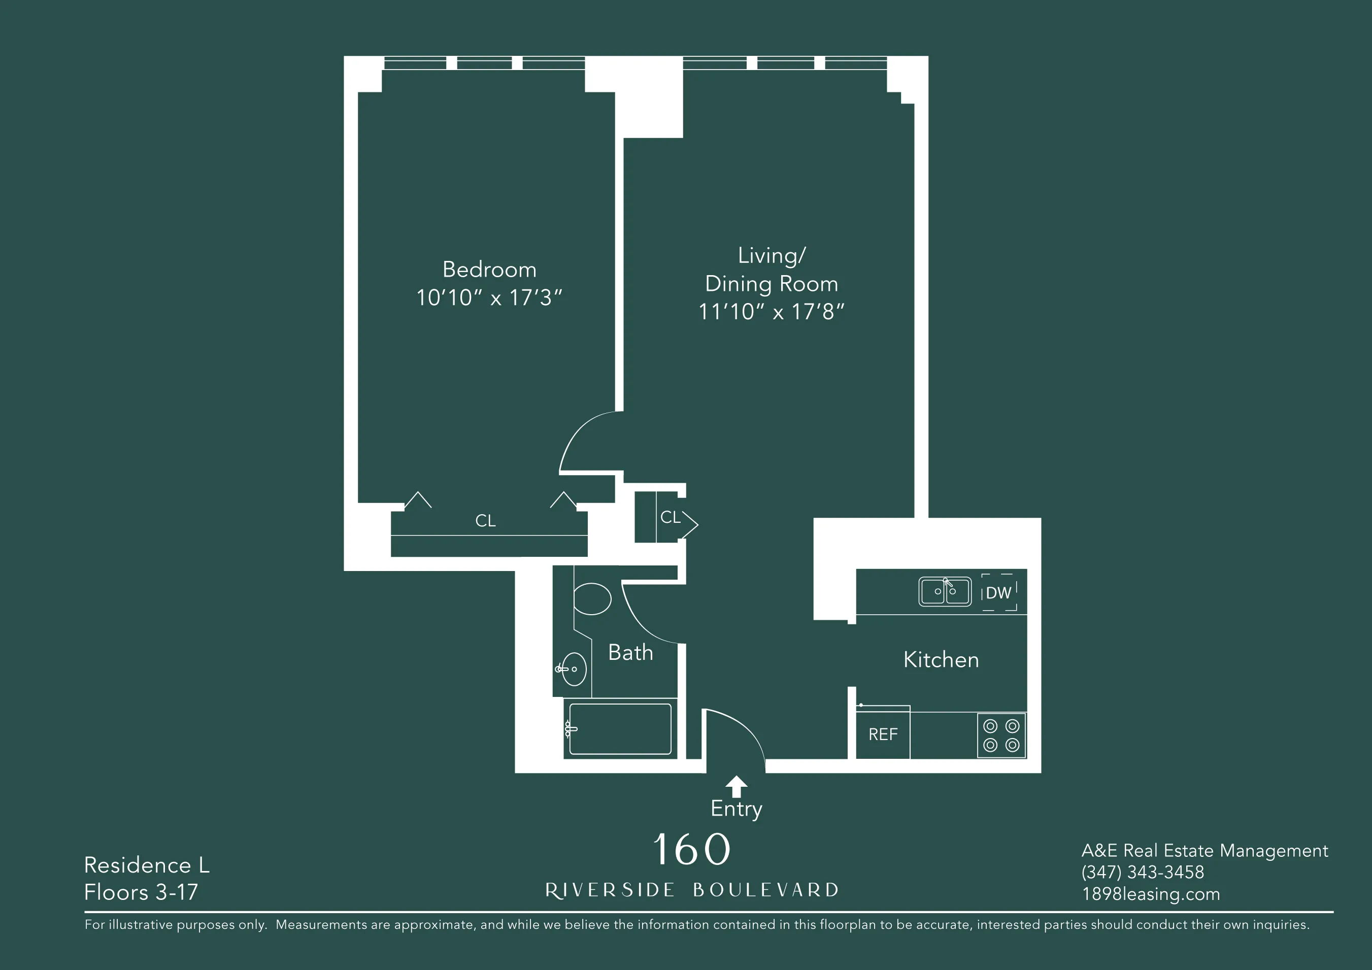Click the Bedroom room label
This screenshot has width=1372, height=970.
pos(489,270)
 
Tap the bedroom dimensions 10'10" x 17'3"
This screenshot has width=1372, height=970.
pos(489,297)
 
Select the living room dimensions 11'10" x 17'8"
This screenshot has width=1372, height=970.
pos(771,311)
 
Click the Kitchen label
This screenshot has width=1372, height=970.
pos(941,660)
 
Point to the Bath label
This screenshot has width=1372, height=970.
pos(630,653)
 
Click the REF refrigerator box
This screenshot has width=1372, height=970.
pos(883,734)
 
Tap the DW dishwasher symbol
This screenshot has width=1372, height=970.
pos(998,593)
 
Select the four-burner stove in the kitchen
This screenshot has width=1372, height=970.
pos(1001,735)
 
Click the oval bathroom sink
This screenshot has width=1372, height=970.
pos(574,669)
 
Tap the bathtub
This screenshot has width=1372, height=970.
pos(620,729)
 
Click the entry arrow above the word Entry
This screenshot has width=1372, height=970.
pos(735,785)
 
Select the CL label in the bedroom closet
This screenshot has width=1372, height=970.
pos(485,521)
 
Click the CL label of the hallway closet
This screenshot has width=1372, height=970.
pos(670,517)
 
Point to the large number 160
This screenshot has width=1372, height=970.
pos(691,849)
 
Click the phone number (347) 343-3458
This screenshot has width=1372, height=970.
pos(1142,872)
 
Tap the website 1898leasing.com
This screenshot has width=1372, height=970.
pos(1150,894)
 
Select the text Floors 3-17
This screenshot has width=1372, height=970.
pos(141,892)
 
